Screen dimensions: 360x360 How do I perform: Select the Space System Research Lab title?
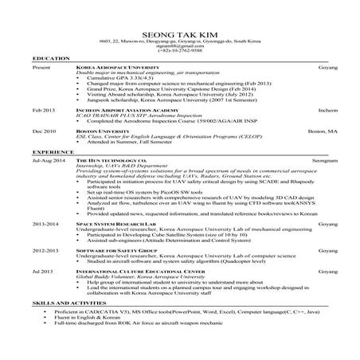click(112, 225)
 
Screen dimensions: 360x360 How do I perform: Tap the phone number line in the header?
click(180, 53)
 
